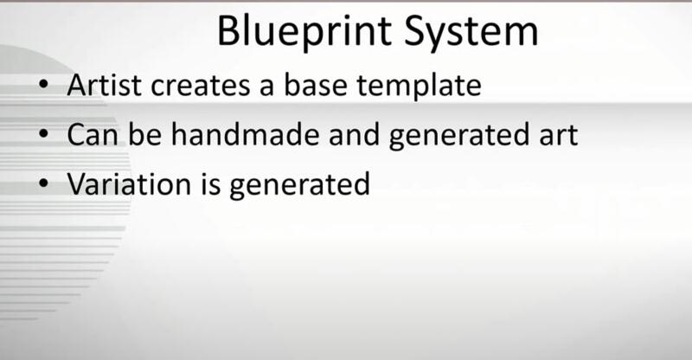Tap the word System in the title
(x=471, y=33)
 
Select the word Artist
(x=104, y=85)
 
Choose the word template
(x=419, y=87)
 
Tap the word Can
(x=93, y=135)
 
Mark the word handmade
(x=245, y=134)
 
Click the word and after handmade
(x=354, y=134)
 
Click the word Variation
(x=129, y=183)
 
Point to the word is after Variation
(x=210, y=183)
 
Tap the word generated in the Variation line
(x=299, y=185)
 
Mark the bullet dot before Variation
(x=43, y=183)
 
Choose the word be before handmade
(x=144, y=134)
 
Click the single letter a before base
(x=266, y=88)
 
